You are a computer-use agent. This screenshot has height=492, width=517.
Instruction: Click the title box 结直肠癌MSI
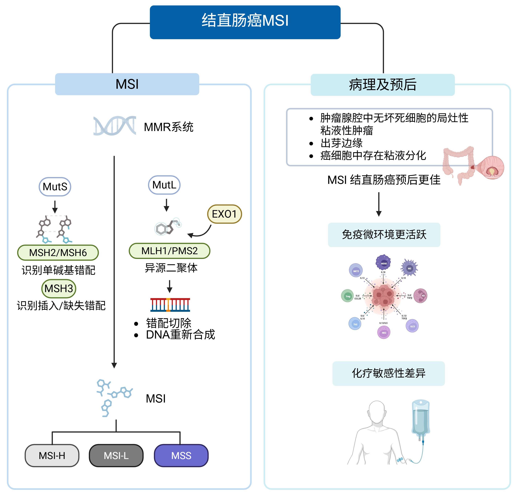[x=245, y=22]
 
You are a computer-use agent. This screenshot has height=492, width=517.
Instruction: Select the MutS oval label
[x=55, y=186]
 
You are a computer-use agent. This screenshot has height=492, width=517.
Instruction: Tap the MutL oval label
[x=164, y=185]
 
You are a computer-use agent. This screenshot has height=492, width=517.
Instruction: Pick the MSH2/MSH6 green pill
[x=58, y=253]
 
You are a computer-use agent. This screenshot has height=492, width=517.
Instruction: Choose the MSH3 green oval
[x=59, y=288]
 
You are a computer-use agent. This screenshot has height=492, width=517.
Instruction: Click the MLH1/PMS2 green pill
[x=169, y=251]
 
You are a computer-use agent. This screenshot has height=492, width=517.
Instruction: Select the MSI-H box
[x=52, y=456]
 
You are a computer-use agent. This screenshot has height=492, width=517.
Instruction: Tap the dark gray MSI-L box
[x=116, y=456]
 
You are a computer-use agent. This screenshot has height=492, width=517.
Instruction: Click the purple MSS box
[x=181, y=456]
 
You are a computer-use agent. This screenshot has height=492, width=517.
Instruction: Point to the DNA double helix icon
[x=115, y=126]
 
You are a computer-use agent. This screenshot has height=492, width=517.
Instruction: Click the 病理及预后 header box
[x=382, y=85]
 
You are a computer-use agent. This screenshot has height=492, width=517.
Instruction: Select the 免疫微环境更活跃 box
[x=384, y=235]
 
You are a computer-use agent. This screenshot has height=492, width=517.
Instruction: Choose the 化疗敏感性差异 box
[x=388, y=373]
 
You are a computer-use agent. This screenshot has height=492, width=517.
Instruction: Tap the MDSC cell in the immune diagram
[x=384, y=263]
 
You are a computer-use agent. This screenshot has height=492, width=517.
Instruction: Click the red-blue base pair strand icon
[x=170, y=305]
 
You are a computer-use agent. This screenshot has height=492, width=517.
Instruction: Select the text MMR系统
[x=168, y=127]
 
